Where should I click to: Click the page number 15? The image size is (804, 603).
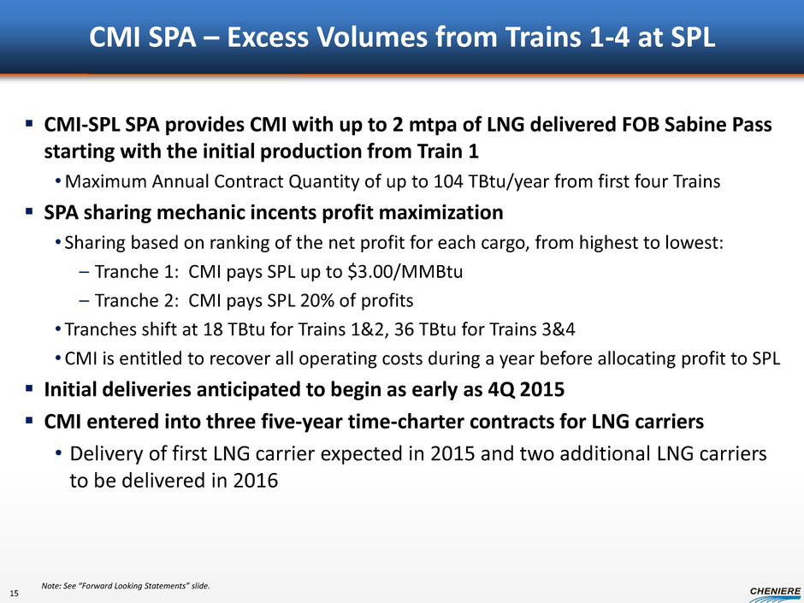tap(14, 594)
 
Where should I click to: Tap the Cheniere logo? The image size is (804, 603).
tap(776, 594)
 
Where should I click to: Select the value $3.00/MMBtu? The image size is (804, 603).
tap(405, 272)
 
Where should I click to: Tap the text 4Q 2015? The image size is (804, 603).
tap(526, 390)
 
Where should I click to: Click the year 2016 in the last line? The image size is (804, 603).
tap(256, 481)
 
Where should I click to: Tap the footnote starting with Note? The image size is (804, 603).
tap(126, 586)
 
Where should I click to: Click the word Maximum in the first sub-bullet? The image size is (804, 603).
tap(106, 181)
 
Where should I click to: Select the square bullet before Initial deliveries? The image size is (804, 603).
tap(29, 388)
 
